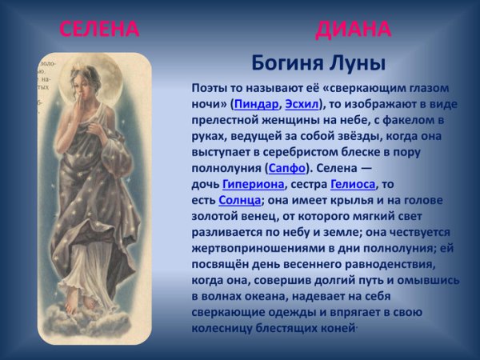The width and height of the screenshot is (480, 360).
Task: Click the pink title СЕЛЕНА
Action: (99, 30)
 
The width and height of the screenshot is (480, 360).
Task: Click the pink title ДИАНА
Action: (353, 30)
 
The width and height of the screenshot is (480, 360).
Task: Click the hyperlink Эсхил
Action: (301, 104)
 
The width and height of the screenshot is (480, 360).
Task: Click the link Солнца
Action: (239, 200)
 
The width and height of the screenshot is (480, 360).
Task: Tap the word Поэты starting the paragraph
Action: (210, 88)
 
